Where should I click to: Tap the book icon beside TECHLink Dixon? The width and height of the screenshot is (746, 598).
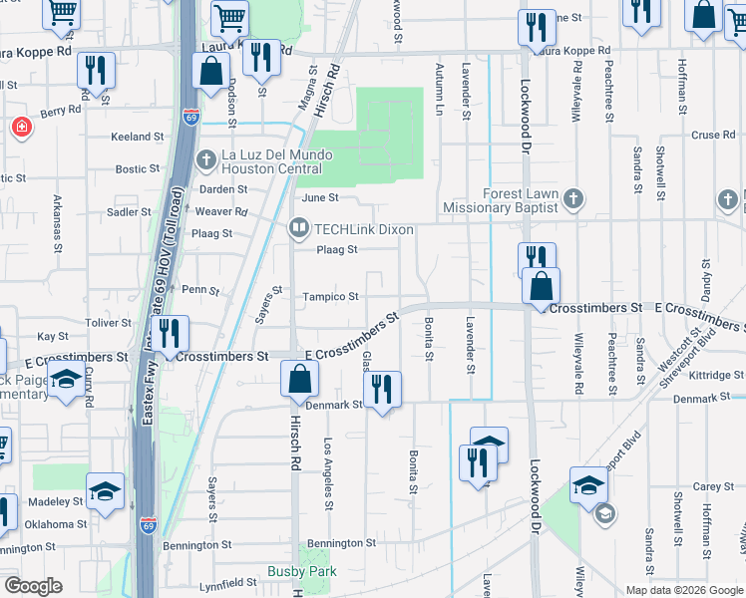298,229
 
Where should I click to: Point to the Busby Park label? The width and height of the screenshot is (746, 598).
301,572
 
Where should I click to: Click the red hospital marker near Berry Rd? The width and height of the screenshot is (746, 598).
20,129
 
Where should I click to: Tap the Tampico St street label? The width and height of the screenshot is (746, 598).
332,297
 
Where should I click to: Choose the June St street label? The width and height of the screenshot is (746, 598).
320,198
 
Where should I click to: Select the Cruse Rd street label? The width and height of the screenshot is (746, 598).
712,136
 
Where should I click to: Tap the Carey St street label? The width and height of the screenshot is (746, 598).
714,486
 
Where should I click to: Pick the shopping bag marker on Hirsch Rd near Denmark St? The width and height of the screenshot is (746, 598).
299,380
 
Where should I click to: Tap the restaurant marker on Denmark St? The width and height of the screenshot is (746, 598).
382,390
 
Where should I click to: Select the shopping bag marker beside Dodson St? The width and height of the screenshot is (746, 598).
210,72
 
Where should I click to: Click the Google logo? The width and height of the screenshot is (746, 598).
33,585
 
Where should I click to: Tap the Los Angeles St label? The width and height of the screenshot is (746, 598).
327,474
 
